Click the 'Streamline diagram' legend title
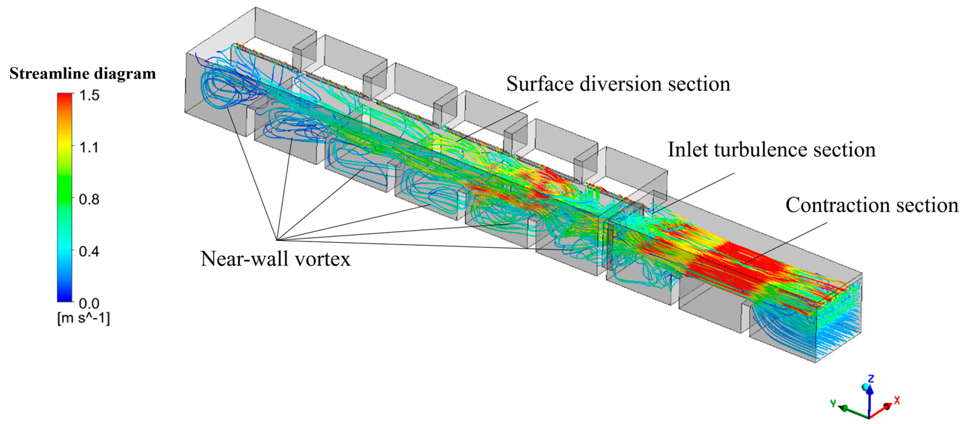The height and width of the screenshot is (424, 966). tap(83, 74)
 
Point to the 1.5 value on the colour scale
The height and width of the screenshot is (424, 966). tap(89, 96)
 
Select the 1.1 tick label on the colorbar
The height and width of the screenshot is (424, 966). tap(89, 147)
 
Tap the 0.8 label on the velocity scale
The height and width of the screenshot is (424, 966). tap(89, 199)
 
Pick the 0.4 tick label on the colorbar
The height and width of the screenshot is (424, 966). tap(89, 251)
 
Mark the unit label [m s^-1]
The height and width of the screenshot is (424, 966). tap(83, 319)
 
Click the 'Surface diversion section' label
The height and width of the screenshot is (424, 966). tap(618, 84)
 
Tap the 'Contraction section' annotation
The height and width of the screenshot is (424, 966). tap(872, 205)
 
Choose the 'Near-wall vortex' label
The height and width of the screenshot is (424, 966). tap(275, 259)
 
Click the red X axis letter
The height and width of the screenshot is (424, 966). tap(897, 400)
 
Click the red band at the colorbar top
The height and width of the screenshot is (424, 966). tap(64, 98)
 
